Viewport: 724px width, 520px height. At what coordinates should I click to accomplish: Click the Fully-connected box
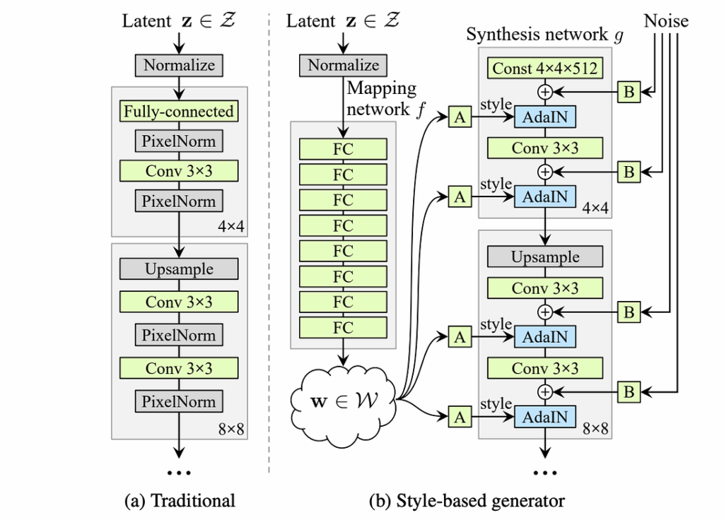(179, 111)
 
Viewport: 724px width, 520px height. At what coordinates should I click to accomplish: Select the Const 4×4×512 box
(545, 69)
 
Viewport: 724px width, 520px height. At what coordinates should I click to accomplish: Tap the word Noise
(665, 21)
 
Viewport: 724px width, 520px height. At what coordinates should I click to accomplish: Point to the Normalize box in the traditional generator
(179, 66)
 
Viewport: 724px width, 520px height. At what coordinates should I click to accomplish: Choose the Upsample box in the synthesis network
(545, 257)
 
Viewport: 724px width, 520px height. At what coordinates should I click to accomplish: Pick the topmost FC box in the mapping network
(343, 149)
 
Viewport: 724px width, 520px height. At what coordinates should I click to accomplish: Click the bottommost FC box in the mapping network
(343, 327)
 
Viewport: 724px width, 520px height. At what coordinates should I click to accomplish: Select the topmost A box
(460, 118)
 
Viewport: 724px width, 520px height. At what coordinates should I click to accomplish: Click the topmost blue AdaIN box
(545, 118)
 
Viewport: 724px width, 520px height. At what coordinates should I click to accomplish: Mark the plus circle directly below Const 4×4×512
(545, 92)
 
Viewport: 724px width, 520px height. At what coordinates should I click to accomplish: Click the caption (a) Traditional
(179, 501)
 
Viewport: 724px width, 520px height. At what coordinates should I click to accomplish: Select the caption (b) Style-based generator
(467, 501)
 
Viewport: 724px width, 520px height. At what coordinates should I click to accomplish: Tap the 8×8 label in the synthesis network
(596, 427)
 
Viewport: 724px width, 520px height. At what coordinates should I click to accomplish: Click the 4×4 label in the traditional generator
(232, 226)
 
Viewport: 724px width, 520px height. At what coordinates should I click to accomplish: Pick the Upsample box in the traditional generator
(179, 268)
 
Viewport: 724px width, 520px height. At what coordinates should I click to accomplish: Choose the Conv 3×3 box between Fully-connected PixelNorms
(179, 171)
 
